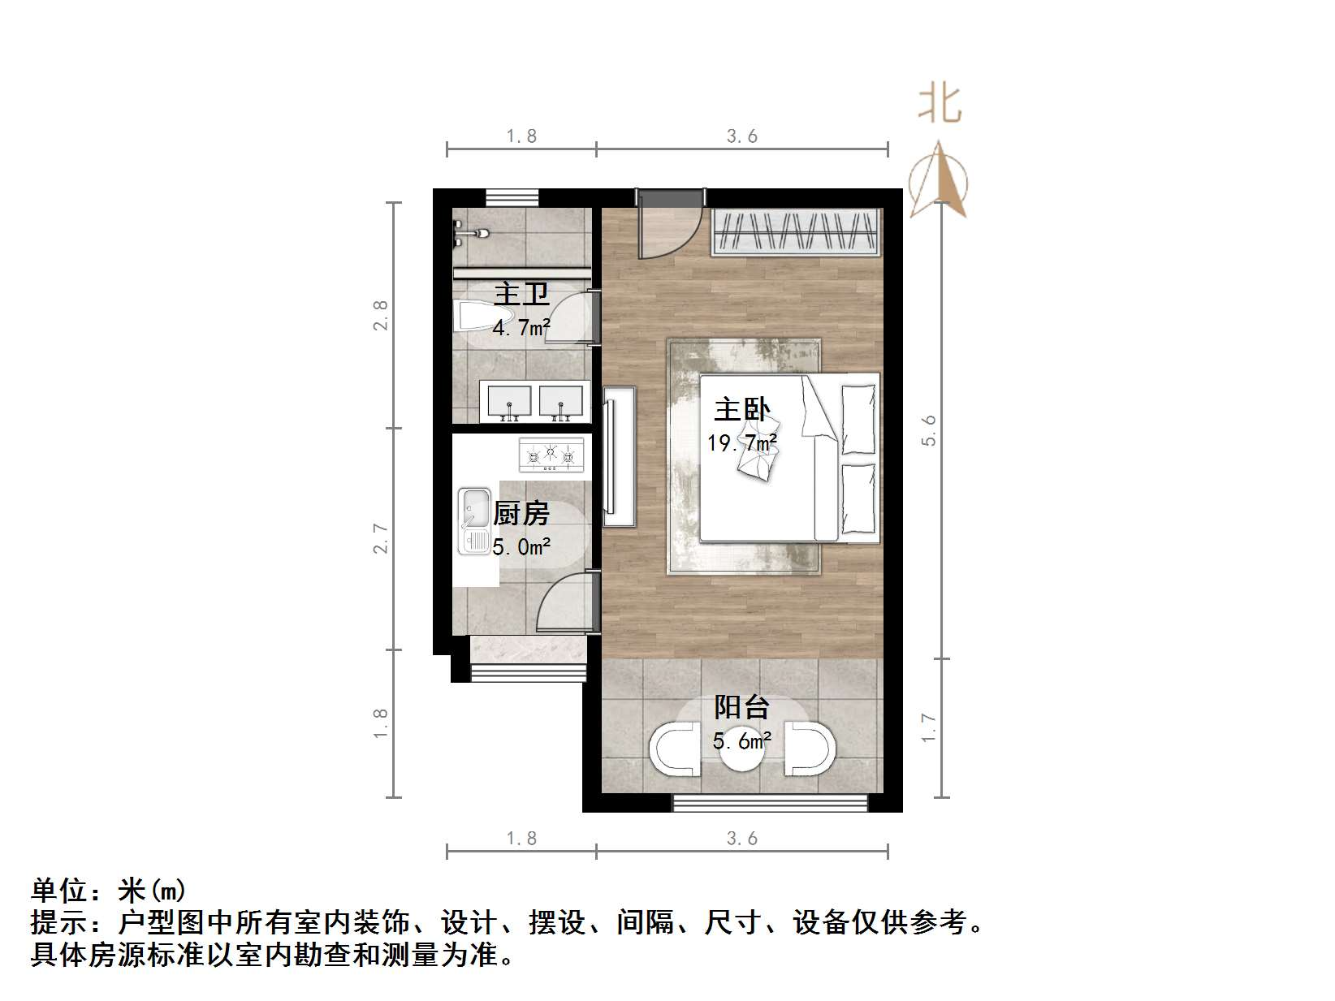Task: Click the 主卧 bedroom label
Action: tap(741, 410)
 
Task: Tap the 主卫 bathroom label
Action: tap(521, 293)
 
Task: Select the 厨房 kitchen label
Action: tap(521, 513)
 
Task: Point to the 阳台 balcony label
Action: tap(741, 707)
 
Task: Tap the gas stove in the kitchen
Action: tap(551, 455)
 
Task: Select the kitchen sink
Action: tap(473, 520)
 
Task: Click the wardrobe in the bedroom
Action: tap(797, 233)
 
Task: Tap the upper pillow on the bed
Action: tap(858, 419)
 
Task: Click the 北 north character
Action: tap(940, 104)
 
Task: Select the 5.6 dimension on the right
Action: tap(929, 430)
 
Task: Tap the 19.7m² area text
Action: tap(741, 443)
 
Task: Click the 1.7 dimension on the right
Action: tap(929, 727)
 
